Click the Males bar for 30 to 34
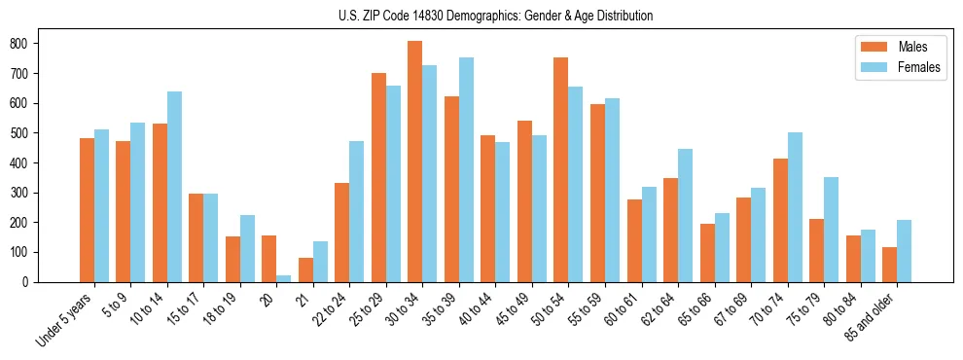(415, 162)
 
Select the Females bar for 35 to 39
(466, 169)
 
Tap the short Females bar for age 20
(284, 278)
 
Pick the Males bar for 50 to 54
(561, 169)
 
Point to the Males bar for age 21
(305, 270)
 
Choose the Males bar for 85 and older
(889, 265)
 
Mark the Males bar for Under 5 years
(87, 210)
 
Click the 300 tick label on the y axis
(27, 193)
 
